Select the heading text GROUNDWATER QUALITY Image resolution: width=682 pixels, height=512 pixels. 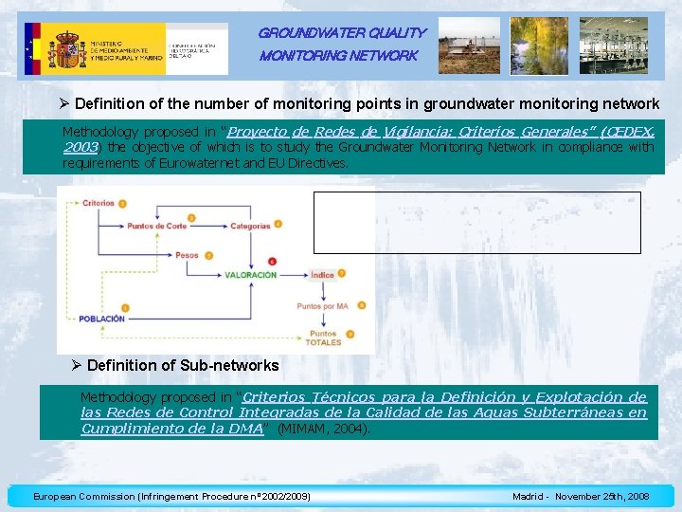click(342, 32)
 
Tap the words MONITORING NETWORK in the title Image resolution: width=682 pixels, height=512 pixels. click(338, 56)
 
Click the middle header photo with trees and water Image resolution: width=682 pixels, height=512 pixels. click(539, 46)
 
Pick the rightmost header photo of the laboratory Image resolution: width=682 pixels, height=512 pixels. click(613, 46)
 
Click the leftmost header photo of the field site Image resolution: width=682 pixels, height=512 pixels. click(469, 46)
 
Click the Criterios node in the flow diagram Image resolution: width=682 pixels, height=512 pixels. click(98, 203)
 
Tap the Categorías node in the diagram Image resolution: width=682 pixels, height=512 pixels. click(250, 226)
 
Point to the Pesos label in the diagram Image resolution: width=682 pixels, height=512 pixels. click(187, 254)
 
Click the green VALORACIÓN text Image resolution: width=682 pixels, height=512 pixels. click(251, 275)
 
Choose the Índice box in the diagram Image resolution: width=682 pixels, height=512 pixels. click(322, 275)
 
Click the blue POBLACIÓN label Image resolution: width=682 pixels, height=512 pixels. click(102, 319)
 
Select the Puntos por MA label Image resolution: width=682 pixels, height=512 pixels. click(322, 306)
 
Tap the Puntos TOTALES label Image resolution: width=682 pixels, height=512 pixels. click(323, 338)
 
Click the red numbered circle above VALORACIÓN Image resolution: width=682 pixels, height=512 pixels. click(273, 260)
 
